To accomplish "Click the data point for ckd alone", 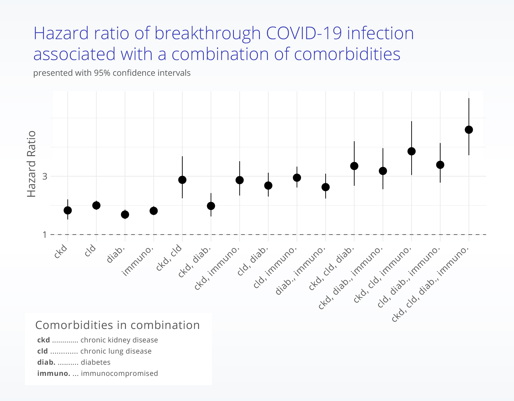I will (68, 210).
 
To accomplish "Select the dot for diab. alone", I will (125, 214).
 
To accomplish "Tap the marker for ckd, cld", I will (182, 180).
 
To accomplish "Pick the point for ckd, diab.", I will (211, 206).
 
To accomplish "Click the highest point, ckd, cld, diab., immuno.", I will (469, 130).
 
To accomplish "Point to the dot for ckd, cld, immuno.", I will (411, 151).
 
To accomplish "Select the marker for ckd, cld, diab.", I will (354, 166).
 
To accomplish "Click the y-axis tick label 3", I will (45, 176).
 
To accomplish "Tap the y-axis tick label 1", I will (45, 235).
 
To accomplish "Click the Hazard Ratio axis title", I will (31, 164).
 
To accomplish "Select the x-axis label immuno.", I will (138, 261).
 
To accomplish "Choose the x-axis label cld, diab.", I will (253, 261).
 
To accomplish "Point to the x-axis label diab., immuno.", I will (300, 270).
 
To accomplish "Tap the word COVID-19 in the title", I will (304, 33).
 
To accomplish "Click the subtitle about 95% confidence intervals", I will (112, 73).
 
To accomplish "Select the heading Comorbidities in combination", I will (117, 325).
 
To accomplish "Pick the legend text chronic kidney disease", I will (119, 340).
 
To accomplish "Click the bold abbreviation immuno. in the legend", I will (54, 374).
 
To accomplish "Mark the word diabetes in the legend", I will (96, 362).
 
